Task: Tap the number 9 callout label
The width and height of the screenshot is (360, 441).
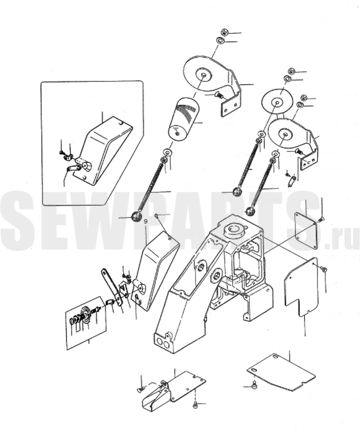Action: coord(146,222)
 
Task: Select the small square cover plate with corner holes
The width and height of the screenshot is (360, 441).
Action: coord(305,230)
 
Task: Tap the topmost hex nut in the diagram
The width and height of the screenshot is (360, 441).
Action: coord(224,32)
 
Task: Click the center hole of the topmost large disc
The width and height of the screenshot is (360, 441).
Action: coord(204,75)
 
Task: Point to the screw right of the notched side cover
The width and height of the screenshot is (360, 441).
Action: coord(323,269)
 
